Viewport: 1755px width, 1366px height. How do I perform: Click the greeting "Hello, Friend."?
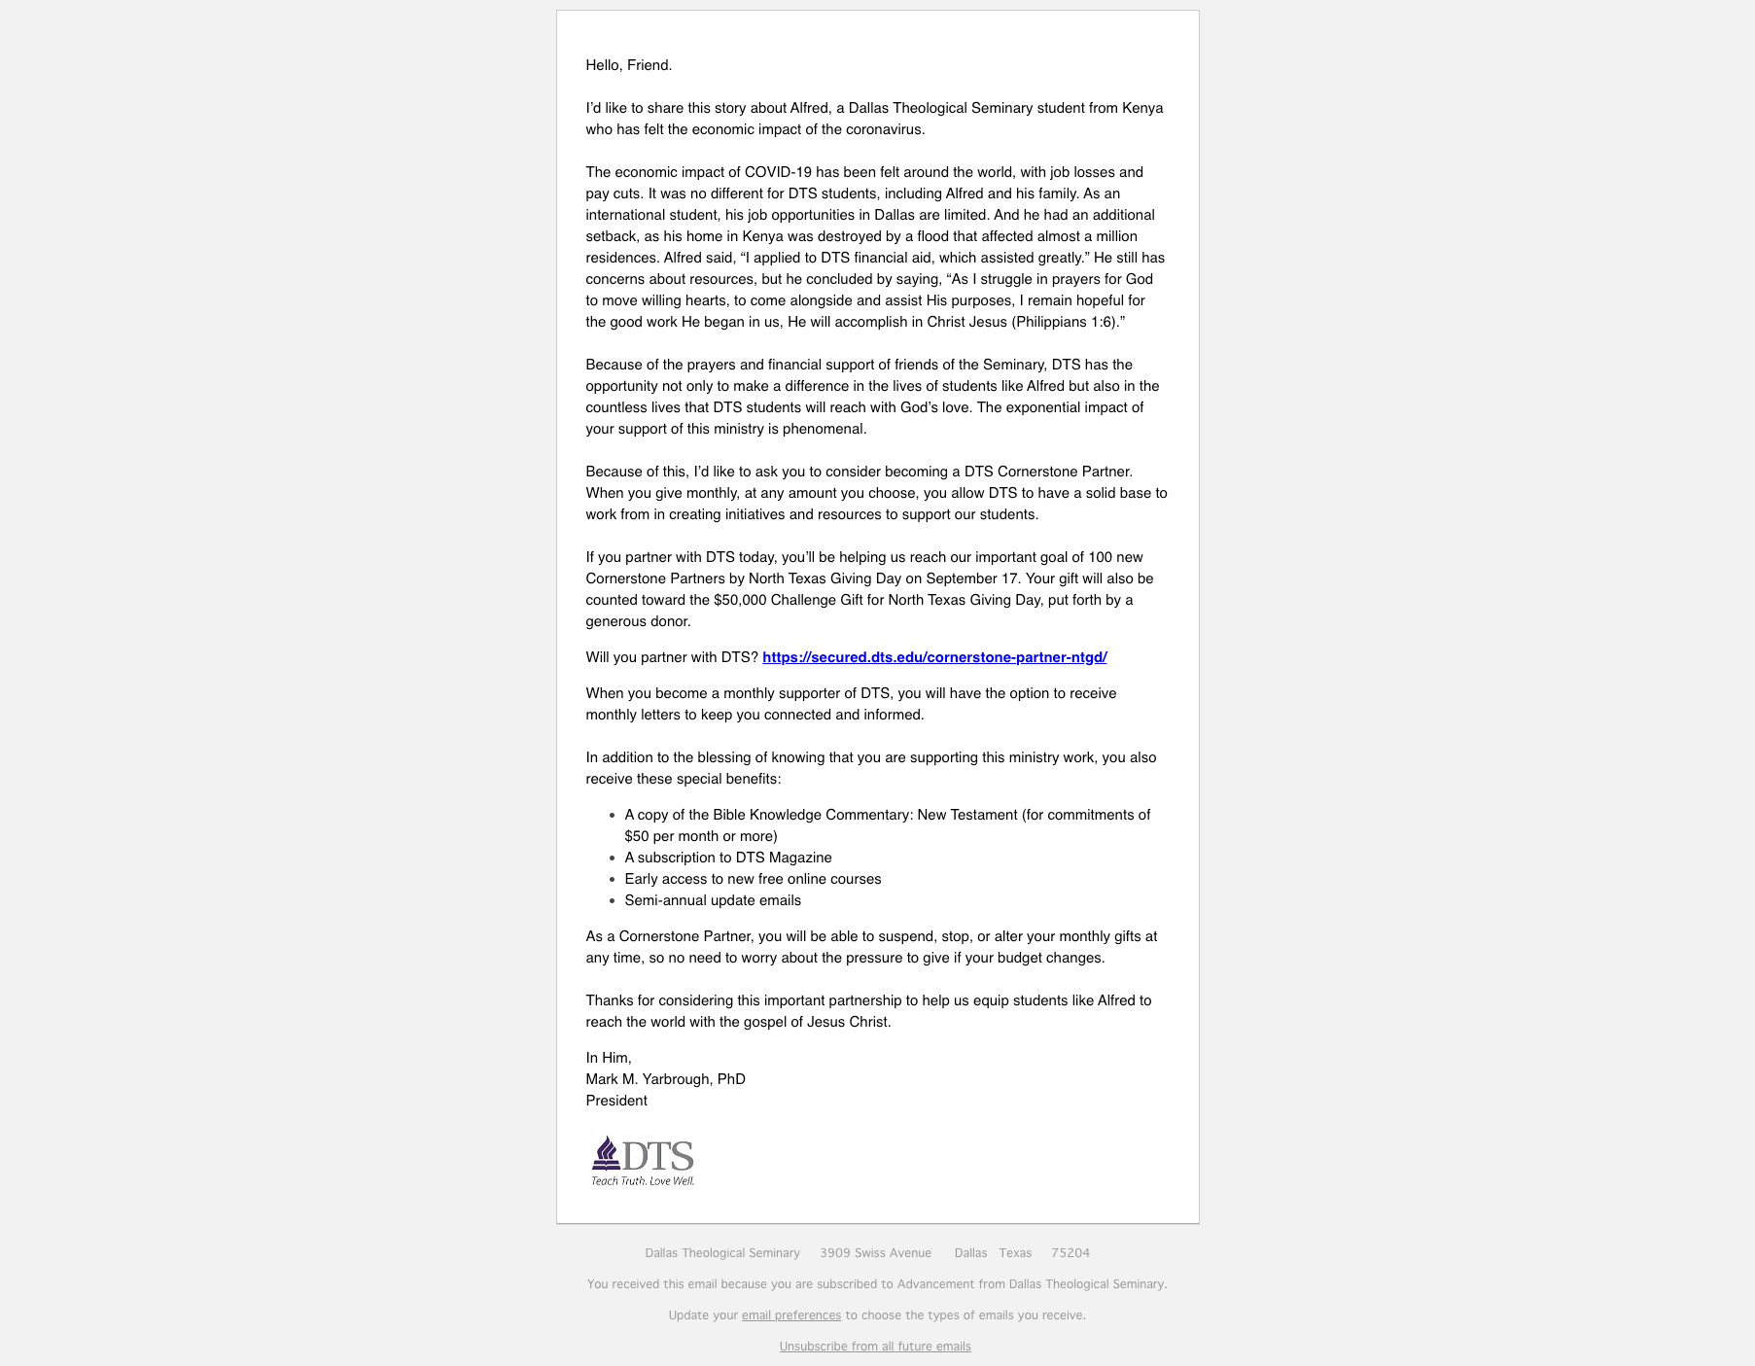628,65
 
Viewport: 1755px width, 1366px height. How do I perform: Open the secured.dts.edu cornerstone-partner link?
934,657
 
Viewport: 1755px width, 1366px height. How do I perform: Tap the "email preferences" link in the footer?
790,1315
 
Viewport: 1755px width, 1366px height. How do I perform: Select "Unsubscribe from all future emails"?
875,1347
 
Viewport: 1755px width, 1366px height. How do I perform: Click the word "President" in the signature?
616,1101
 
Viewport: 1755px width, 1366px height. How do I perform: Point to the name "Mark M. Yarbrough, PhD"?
665,1079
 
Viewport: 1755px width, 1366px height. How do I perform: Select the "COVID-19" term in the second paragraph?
778,172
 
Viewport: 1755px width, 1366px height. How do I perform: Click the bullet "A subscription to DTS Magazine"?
728,858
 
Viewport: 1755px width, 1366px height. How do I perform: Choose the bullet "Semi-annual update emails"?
713,900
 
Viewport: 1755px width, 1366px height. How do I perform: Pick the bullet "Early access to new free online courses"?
753,879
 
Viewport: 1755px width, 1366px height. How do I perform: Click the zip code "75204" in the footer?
1071,1253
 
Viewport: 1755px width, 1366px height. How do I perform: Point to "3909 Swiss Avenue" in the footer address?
875,1253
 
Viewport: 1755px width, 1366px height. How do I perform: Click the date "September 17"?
971,578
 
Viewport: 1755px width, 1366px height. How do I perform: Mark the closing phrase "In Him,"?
609,1058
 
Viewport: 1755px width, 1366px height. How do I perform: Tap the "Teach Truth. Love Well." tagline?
643,1181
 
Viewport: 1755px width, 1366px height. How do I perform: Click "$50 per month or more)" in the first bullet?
701,836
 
